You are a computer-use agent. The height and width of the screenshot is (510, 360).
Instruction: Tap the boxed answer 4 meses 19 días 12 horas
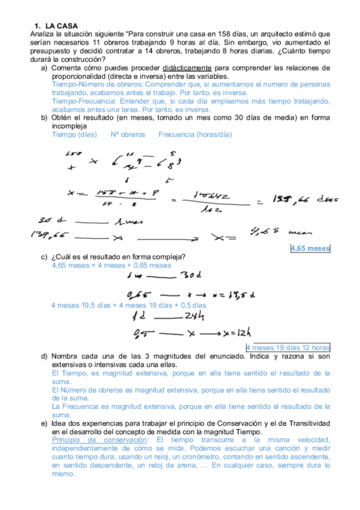pos(288,348)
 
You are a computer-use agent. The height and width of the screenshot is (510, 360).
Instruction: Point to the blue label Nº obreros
pos(128,135)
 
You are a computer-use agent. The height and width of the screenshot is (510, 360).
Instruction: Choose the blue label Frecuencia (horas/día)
pos(195,135)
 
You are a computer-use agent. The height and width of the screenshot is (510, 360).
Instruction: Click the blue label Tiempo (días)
pos(73,135)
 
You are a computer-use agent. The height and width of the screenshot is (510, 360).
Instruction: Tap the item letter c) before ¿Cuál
pos(44,257)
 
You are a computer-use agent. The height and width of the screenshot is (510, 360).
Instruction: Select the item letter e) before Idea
pos(44,423)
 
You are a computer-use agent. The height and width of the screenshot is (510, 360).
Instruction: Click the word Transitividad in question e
pos(307,423)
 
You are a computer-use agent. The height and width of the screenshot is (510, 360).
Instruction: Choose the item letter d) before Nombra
pos(44,357)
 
